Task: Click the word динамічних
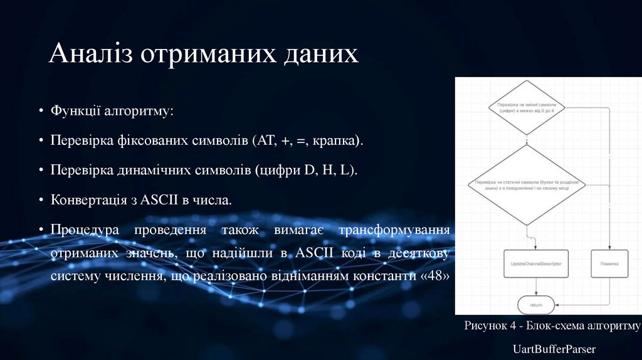coord(149,171)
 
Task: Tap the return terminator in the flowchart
coord(536,305)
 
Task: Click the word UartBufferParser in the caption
coord(554,349)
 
